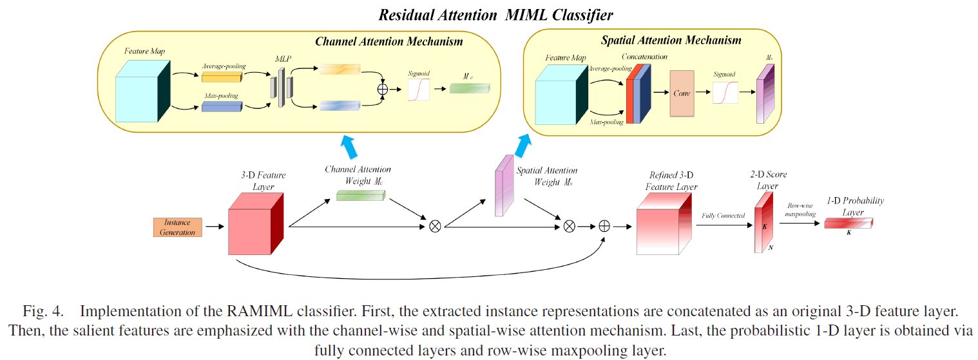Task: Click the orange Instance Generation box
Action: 178,227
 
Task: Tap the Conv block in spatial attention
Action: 682,93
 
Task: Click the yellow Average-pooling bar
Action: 221,77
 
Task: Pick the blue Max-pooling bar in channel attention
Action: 221,106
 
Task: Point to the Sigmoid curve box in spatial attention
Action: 725,93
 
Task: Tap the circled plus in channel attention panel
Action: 383,90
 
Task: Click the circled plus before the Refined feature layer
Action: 604,226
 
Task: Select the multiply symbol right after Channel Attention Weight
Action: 435,226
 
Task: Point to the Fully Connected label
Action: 723,216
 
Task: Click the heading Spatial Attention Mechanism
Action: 670,41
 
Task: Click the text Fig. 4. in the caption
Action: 43,312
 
